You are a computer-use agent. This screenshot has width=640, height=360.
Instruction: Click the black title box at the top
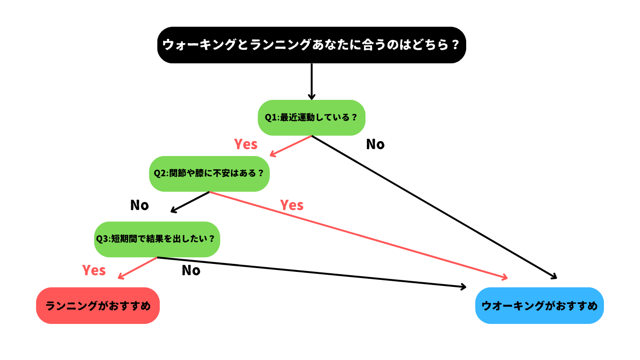tap(312, 45)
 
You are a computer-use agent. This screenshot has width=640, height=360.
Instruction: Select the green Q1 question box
tap(312, 118)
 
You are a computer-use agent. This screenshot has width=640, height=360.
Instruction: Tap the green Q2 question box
tap(209, 173)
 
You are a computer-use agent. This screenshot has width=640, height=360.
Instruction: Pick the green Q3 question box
tap(157, 239)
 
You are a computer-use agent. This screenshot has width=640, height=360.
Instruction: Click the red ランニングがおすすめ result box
tap(98, 306)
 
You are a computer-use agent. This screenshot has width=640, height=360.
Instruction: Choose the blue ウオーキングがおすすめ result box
tap(539, 306)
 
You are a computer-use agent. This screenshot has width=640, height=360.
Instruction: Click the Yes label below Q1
tap(246, 144)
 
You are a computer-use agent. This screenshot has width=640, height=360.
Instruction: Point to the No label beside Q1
tap(375, 144)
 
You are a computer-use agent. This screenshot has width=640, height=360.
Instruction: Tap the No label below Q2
tap(140, 205)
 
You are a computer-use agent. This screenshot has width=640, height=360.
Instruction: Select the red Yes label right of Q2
tap(292, 205)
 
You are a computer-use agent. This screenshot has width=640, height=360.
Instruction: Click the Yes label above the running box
tap(94, 270)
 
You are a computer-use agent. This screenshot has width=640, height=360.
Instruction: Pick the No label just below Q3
tap(191, 270)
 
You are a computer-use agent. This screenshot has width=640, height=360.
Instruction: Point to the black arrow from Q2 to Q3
tap(190, 202)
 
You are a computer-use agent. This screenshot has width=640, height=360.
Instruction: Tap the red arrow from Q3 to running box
tap(137, 268)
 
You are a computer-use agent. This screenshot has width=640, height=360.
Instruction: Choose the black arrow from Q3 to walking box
tap(312, 272)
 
